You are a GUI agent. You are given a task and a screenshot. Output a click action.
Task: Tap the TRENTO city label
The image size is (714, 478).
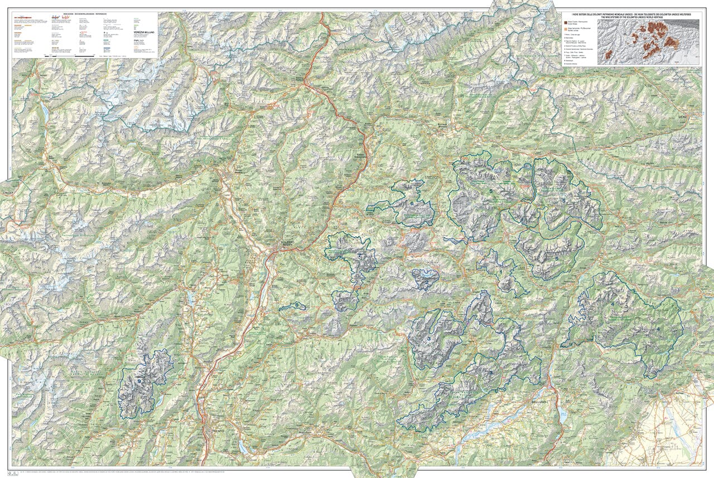click(214, 430)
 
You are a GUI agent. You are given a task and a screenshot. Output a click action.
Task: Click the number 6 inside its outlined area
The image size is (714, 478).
click(412, 204)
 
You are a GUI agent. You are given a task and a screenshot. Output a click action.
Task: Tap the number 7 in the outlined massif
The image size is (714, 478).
click(360, 255)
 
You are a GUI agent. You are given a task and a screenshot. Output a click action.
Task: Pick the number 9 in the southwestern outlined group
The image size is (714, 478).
click(139, 381)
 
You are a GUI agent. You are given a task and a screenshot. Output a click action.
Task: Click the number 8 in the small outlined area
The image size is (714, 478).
click(297, 305)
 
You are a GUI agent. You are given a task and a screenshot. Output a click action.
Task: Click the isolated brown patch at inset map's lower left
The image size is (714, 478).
click(608, 54)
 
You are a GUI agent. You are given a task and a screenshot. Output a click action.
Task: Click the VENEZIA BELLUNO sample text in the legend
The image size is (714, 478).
click(144, 32)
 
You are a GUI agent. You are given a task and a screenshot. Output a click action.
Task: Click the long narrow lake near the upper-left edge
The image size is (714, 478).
click(44, 112)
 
